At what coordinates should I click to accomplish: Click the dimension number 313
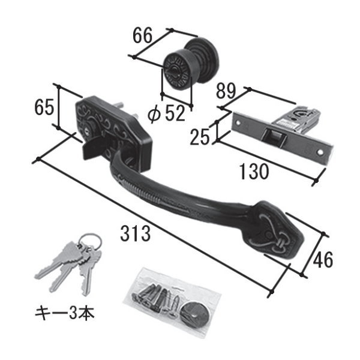(136, 233)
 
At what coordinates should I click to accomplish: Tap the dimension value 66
(142, 35)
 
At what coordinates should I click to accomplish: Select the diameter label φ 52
(166, 113)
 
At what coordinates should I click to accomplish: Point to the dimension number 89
(226, 91)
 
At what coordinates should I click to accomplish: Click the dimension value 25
(200, 137)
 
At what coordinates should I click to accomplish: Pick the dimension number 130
(253, 172)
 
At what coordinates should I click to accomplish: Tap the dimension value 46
(323, 259)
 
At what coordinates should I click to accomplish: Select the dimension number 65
(44, 107)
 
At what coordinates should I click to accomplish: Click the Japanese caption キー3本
(65, 313)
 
